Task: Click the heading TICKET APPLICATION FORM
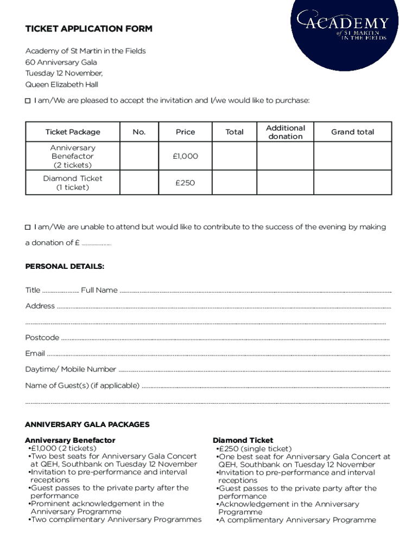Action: pos(89,29)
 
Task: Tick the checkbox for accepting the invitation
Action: pos(28,101)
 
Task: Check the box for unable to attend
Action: pos(28,227)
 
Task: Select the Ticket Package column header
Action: pos(73,132)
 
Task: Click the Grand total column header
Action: pos(352,132)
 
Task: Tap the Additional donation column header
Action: pos(285,132)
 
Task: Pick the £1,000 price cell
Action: pos(185,156)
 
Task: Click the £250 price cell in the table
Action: pos(185,183)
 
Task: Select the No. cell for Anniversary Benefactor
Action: pos(138,156)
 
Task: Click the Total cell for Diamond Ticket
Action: pos(235,183)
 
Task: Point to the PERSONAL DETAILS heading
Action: pos(65,266)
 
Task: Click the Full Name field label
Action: pos(99,290)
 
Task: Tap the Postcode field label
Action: pos(42,338)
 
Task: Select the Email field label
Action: pos(35,353)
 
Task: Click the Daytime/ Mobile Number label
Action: pos(71,369)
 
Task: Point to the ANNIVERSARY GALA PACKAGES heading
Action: pos(87,424)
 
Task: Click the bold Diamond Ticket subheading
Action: pos(243,441)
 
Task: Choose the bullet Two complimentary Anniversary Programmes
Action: pos(116,519)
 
